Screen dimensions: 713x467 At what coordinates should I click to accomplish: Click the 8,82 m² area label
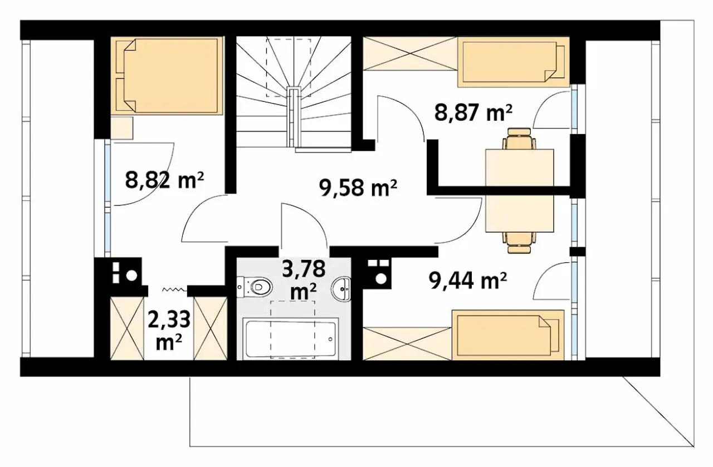(164, 180)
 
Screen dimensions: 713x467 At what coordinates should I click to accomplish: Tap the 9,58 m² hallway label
(358, 188)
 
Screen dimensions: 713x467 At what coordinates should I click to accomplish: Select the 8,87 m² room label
(473, 113)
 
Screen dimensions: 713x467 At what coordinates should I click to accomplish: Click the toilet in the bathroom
(255, 287)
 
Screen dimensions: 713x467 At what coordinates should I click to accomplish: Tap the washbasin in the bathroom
(341, 288)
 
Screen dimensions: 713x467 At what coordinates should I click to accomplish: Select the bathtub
(289, 338)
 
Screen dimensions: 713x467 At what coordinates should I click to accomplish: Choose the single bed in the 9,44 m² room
(508, 335)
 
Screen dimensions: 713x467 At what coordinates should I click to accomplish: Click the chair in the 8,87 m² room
(519, 139)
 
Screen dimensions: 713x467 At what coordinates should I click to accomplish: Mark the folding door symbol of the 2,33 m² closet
(173, 289)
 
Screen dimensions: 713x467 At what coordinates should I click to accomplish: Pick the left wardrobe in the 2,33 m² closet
(127, 328)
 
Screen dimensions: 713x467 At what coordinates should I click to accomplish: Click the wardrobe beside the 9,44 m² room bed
(407, 343)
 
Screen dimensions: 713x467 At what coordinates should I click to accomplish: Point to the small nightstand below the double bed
(121, 128)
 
